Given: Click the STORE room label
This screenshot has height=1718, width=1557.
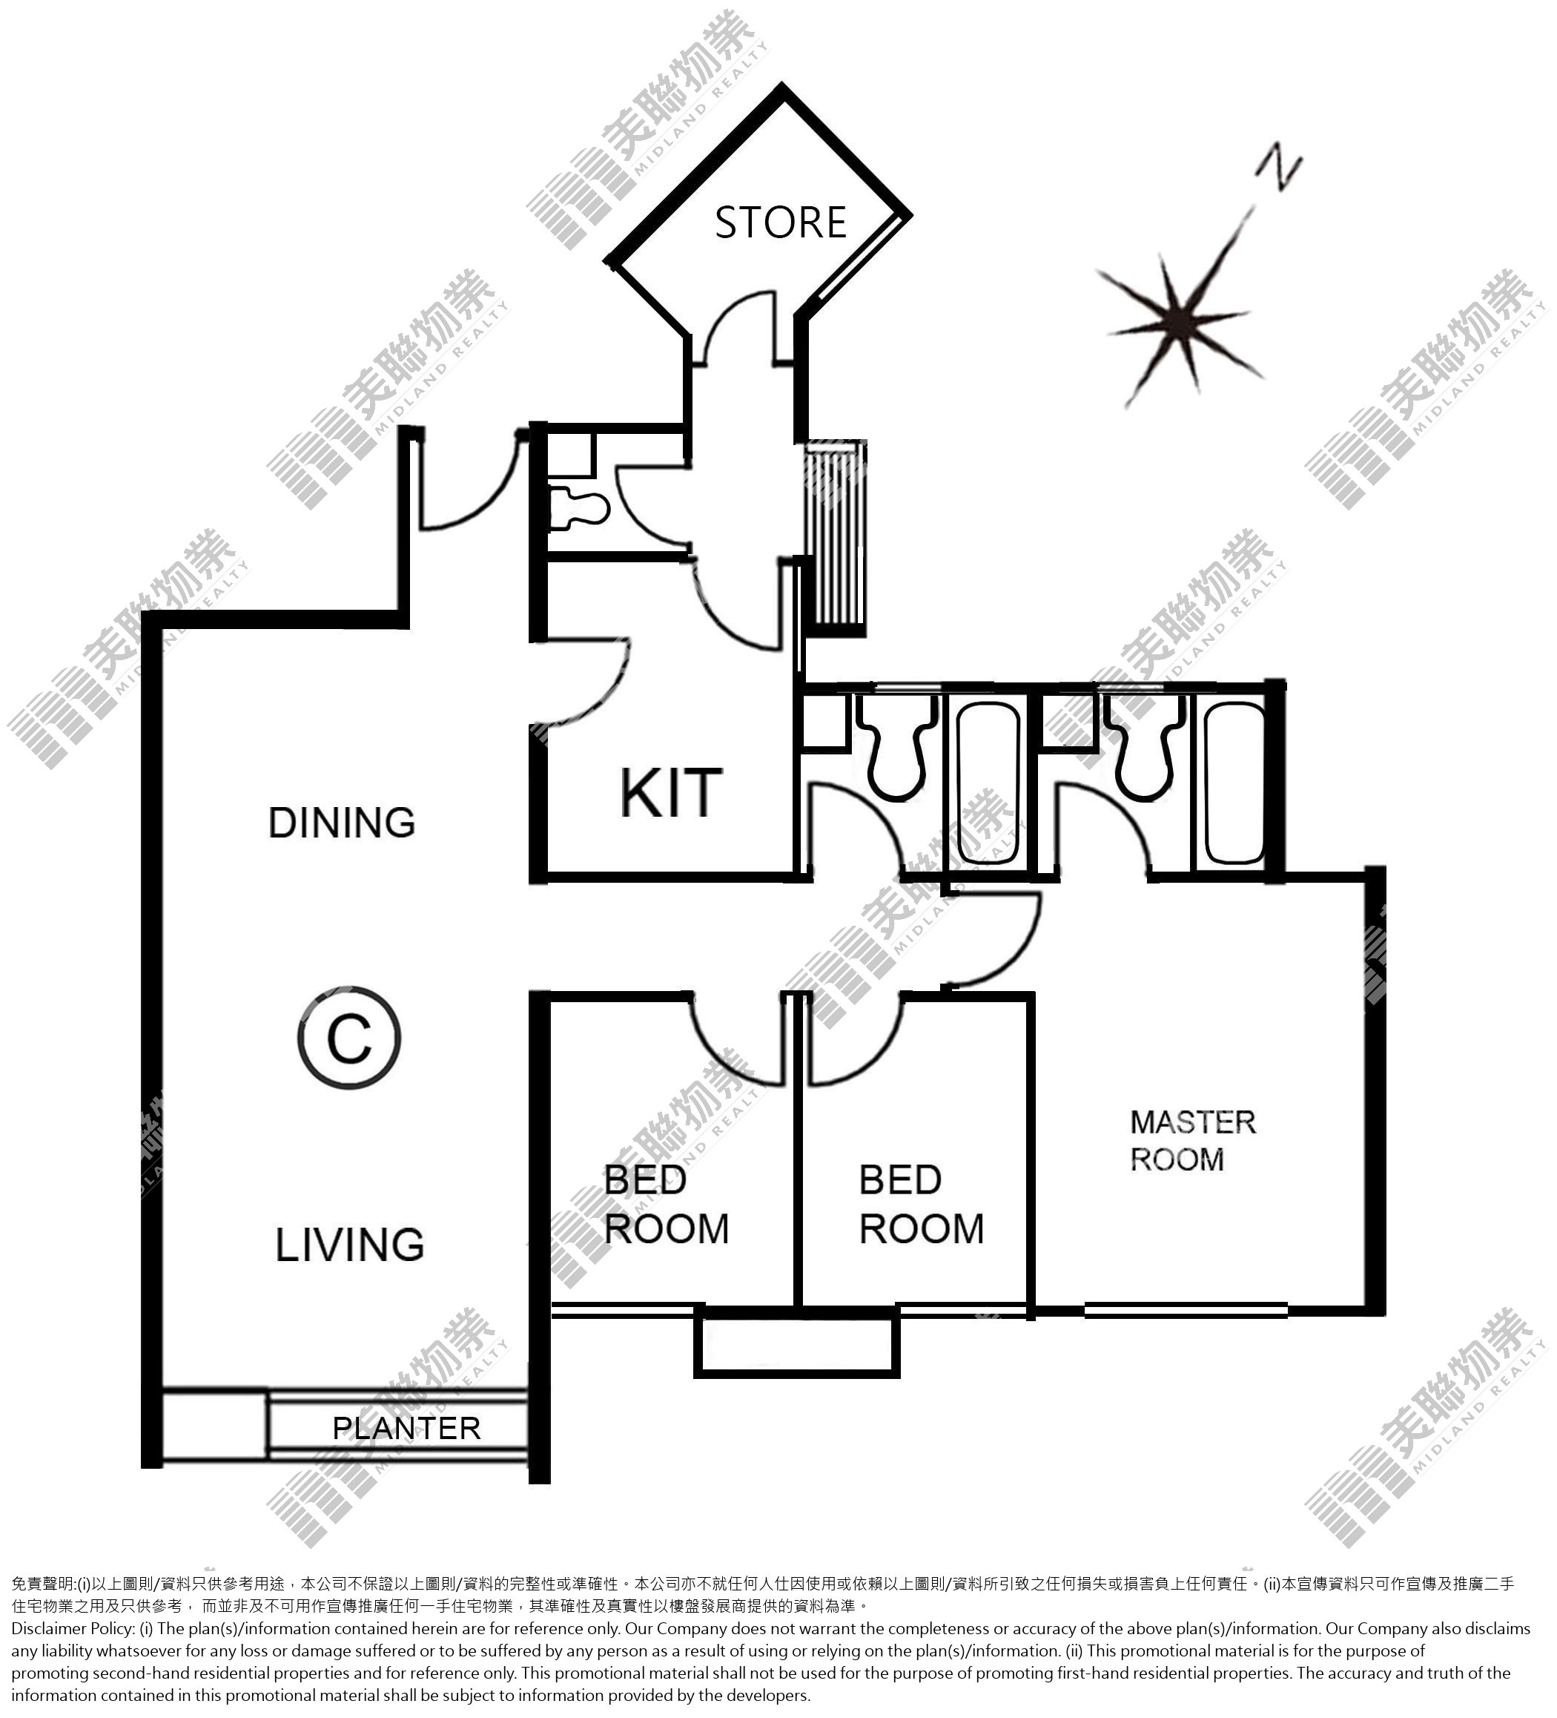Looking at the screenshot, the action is point(780,223).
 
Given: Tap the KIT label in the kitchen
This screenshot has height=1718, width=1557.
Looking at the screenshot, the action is point(671,794).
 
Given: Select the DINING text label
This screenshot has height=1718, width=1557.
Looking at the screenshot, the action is point(342,823).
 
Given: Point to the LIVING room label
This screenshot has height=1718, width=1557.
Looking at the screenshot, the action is point(349,1244).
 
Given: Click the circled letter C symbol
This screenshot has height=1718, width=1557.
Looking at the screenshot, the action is point(349,1037).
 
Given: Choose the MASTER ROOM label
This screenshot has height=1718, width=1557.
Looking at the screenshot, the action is point(1192,1140).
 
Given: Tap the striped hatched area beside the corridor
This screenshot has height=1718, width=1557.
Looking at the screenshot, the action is point(836,537).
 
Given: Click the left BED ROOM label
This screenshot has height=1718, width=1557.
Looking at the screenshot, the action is point(666,1205).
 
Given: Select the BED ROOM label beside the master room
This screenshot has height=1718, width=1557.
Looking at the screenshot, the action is point(921,1205).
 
